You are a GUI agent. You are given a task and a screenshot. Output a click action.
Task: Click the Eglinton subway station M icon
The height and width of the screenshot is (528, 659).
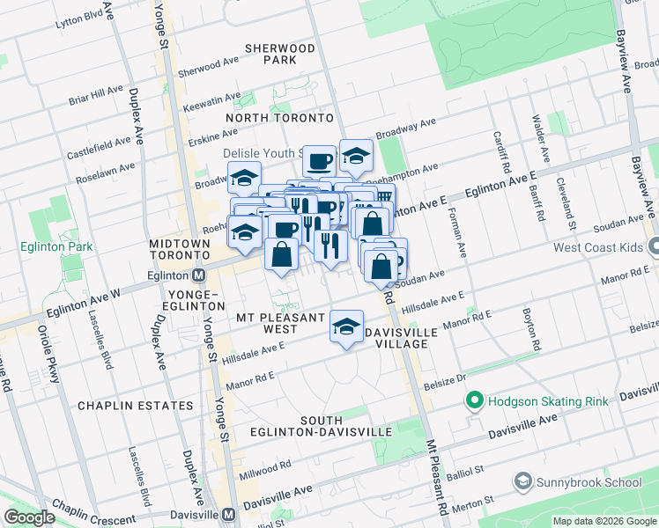click(200, 275)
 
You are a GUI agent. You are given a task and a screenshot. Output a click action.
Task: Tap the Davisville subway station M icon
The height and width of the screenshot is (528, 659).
click(228, 514)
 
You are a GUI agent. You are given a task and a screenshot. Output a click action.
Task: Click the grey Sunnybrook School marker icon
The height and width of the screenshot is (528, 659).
click(523, 481)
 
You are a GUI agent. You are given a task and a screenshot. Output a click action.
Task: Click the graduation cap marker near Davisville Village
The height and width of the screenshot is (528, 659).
click(347, 327)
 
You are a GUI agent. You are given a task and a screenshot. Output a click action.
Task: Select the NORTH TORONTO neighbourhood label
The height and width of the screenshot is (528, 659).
click(280, 117)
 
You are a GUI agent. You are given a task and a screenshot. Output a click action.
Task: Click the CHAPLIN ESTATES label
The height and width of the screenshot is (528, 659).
click(135, 406)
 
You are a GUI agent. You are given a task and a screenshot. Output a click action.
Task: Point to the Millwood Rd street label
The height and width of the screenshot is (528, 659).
click(265, 471)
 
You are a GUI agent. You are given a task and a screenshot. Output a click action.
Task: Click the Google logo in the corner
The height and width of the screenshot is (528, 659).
click(28, 517)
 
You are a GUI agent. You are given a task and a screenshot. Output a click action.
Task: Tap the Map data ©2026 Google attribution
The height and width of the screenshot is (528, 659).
click(604, 521)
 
